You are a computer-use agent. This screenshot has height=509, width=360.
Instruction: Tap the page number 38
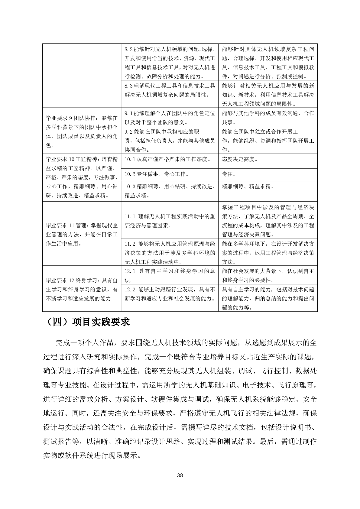click(180, 475)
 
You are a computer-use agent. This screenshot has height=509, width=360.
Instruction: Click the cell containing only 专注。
click(229, 174)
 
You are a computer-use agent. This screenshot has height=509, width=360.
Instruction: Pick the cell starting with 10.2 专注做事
click(157, 174)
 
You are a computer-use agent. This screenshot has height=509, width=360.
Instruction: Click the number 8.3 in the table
click(128, 86)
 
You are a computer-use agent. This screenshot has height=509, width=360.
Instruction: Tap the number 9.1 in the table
click(128, 113)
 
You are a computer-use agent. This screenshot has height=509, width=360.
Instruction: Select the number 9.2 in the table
click(128, 132)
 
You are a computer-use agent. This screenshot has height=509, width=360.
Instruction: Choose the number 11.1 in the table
click(130, 216)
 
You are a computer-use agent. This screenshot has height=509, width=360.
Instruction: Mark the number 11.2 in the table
click(130, 244)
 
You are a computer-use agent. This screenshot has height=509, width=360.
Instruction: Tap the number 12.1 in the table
click(130, 271)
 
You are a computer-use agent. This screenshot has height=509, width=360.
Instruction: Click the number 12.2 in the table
click(130, 290)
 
